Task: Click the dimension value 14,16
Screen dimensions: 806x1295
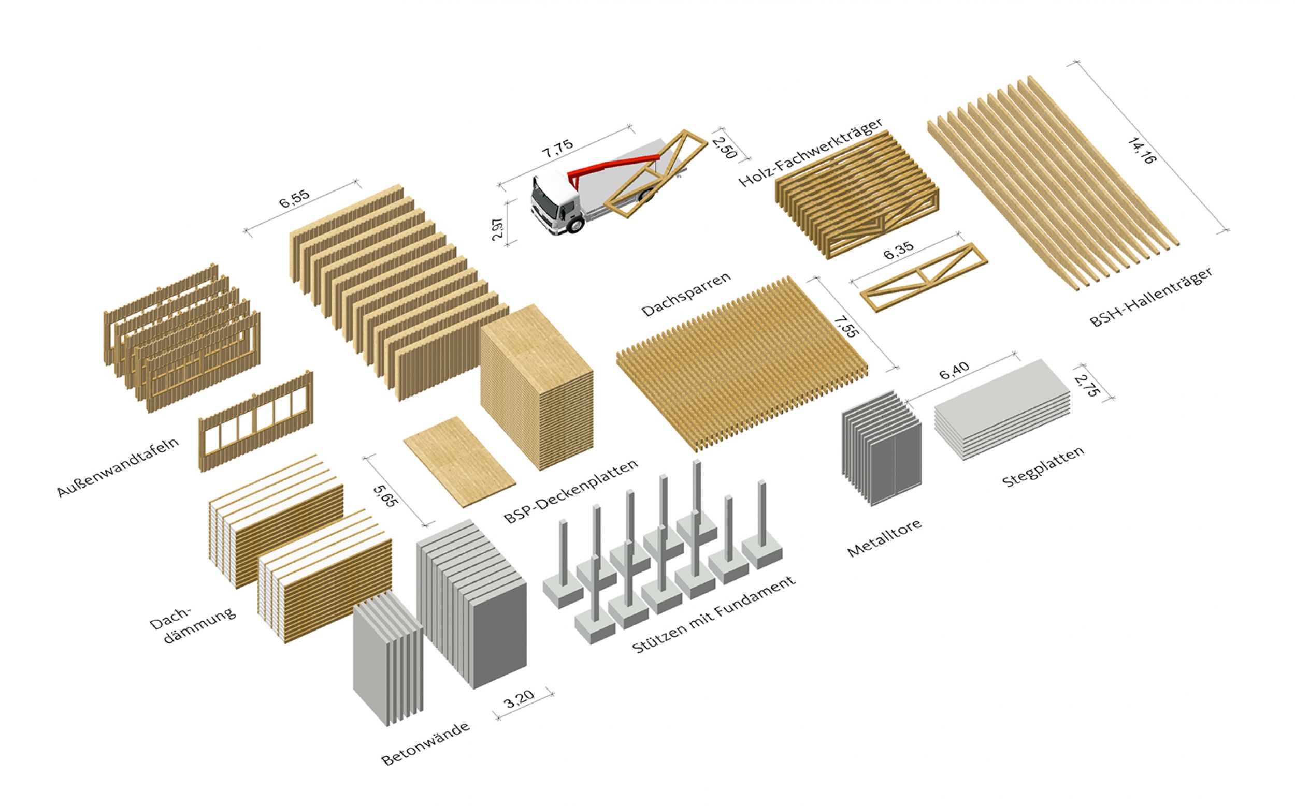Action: click(x=1142, y=150)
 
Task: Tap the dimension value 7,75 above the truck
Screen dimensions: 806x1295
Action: click(x=558, y=148)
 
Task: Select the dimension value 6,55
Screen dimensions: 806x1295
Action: click(x=294, y=199)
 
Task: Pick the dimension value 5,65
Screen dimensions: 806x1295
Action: click(x=385, y=494)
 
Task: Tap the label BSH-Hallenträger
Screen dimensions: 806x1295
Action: click(x=1150, y=297)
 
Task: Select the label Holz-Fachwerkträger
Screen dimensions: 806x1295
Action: click(x=810, y=153)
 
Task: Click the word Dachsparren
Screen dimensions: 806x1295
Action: click(x=685, y=294)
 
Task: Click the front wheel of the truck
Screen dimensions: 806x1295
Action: click(x=575, y=225)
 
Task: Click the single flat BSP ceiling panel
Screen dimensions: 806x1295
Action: click(x=459, y=462)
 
